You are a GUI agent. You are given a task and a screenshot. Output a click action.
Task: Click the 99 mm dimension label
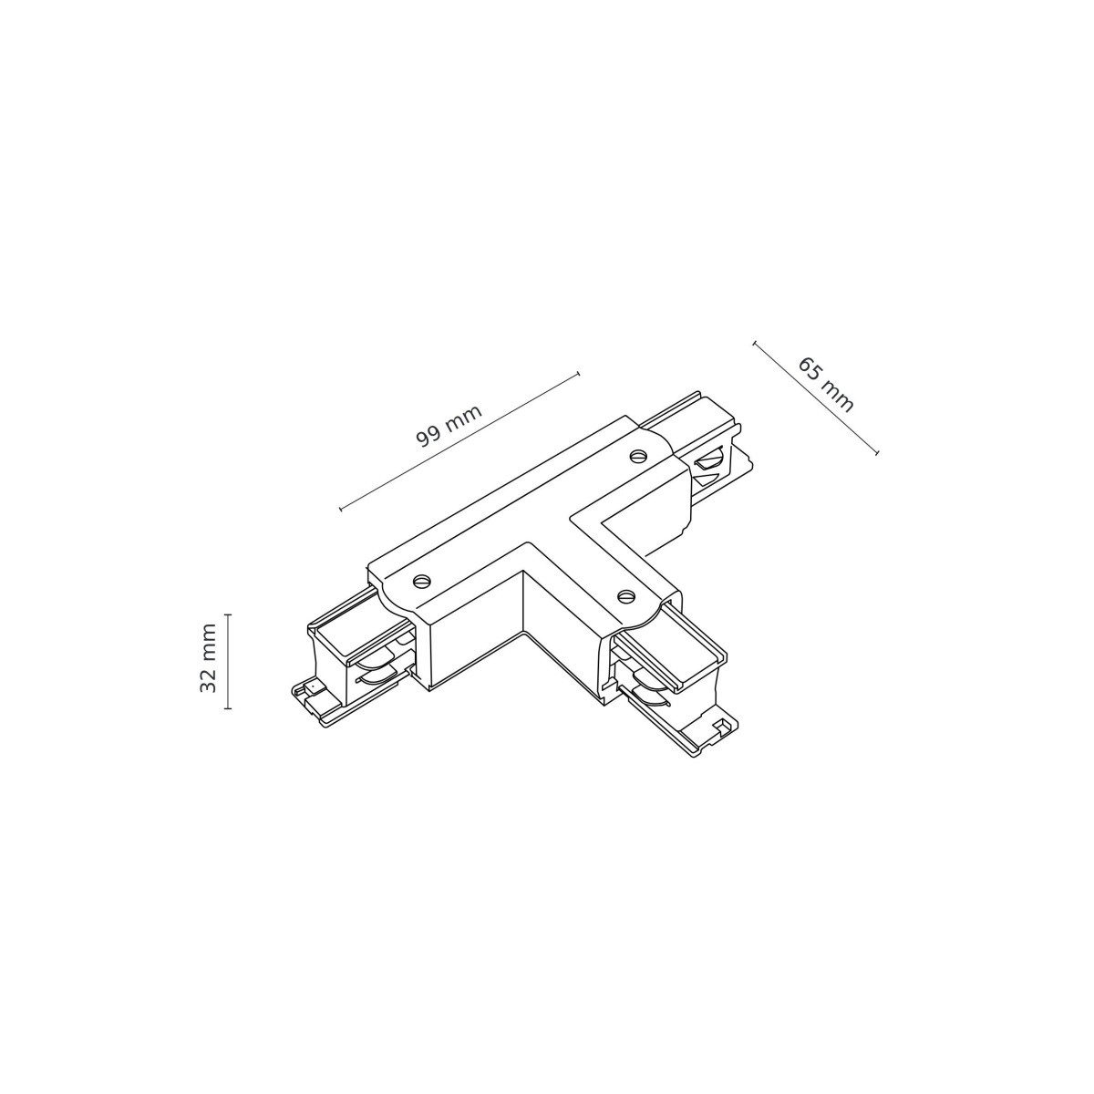click(449, 425)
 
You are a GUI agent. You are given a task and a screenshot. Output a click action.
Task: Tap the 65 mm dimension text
click(826, 385)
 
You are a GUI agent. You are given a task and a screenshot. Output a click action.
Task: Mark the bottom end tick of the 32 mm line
click(228, 707)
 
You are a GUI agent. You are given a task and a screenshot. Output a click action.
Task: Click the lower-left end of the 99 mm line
click(340, 509)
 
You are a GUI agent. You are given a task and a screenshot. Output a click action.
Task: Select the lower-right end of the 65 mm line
click(877, 453)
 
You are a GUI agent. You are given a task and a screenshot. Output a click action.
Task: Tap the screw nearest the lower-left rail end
click(420, 580)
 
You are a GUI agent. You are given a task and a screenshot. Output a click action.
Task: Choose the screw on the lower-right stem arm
click(624, 595)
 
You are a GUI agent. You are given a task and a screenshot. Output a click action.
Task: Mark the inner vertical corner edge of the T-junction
click(522, 602)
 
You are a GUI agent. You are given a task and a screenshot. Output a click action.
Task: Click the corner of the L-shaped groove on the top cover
click(571, 521)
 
